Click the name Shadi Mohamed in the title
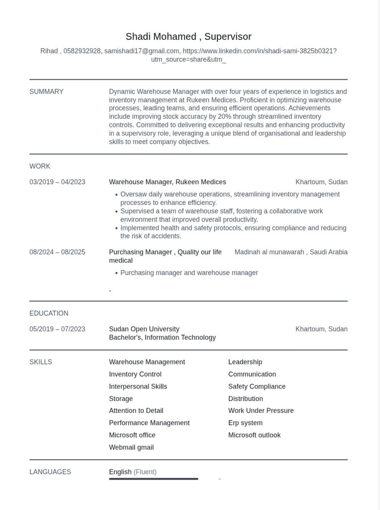[161, 37]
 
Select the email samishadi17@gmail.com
[142, 51]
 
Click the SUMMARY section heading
[46, 92]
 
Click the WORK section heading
[40, 166]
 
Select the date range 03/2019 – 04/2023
[57, 182]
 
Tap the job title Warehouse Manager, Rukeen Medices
[167, 182]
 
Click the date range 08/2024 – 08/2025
[57, 252]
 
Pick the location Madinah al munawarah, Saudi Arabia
[291, 252]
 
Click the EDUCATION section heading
[49, 313]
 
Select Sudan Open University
[144, 329]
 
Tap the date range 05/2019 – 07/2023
[57, 329]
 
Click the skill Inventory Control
[135, 374]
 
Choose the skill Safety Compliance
[257, 386]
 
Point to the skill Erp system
[245, 423]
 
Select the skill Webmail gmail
[131, 447]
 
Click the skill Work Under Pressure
[261, 410]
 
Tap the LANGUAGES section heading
[50, 472]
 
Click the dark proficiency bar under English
[154, 479]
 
